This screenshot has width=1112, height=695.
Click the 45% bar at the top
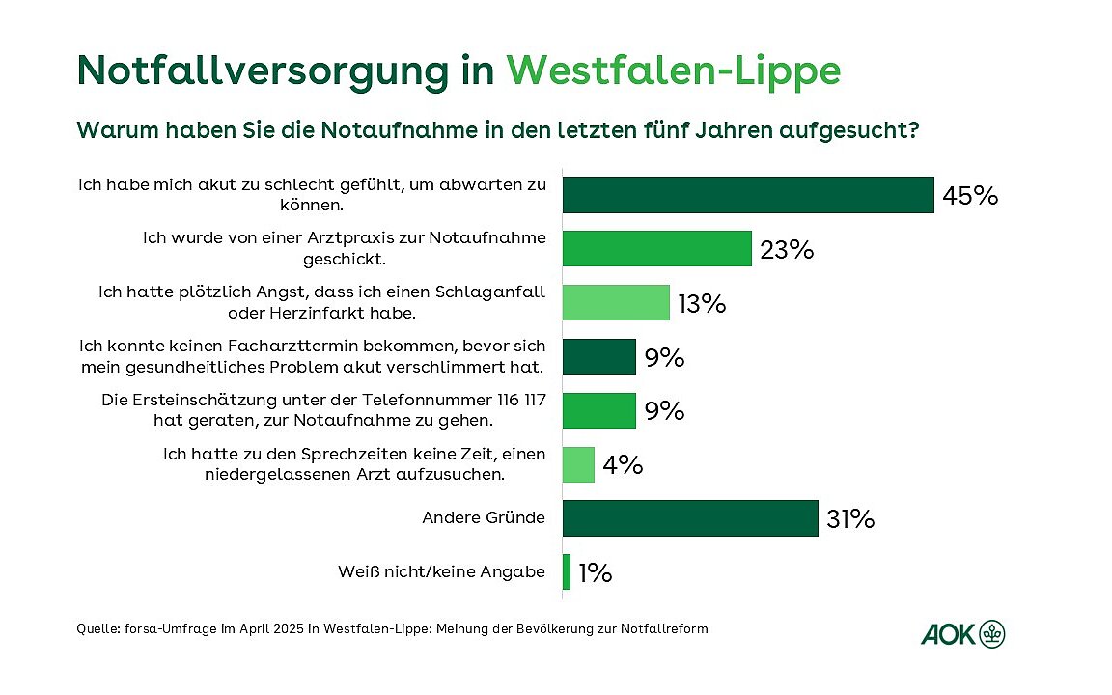[x=748, y=195]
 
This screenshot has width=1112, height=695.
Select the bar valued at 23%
[x=656, y=249]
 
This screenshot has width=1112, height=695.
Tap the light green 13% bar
[x=616, y=303]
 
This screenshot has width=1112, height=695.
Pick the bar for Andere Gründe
[x=690, y=518]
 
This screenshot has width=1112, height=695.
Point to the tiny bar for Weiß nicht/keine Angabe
[x=567, y=571]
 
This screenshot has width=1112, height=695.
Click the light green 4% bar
[x=578, y=464]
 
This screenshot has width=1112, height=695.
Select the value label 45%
[x=970, y=196]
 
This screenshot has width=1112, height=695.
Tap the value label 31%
[x=850, y=519]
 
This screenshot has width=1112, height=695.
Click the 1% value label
[x=596, y=573]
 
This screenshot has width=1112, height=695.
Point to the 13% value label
[x=701, y=304]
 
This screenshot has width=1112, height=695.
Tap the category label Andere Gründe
[x=484, y=518]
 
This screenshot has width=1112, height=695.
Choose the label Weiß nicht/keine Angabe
[x=441, y=572]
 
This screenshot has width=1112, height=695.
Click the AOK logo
[x=963, y=634]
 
